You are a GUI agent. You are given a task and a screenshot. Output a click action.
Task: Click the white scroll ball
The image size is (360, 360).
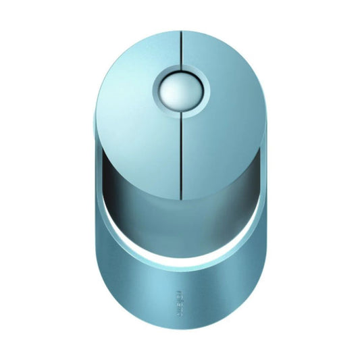180,87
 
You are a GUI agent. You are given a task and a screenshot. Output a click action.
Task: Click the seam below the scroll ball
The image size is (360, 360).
181,149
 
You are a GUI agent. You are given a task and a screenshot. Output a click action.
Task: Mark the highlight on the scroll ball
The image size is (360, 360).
175,81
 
